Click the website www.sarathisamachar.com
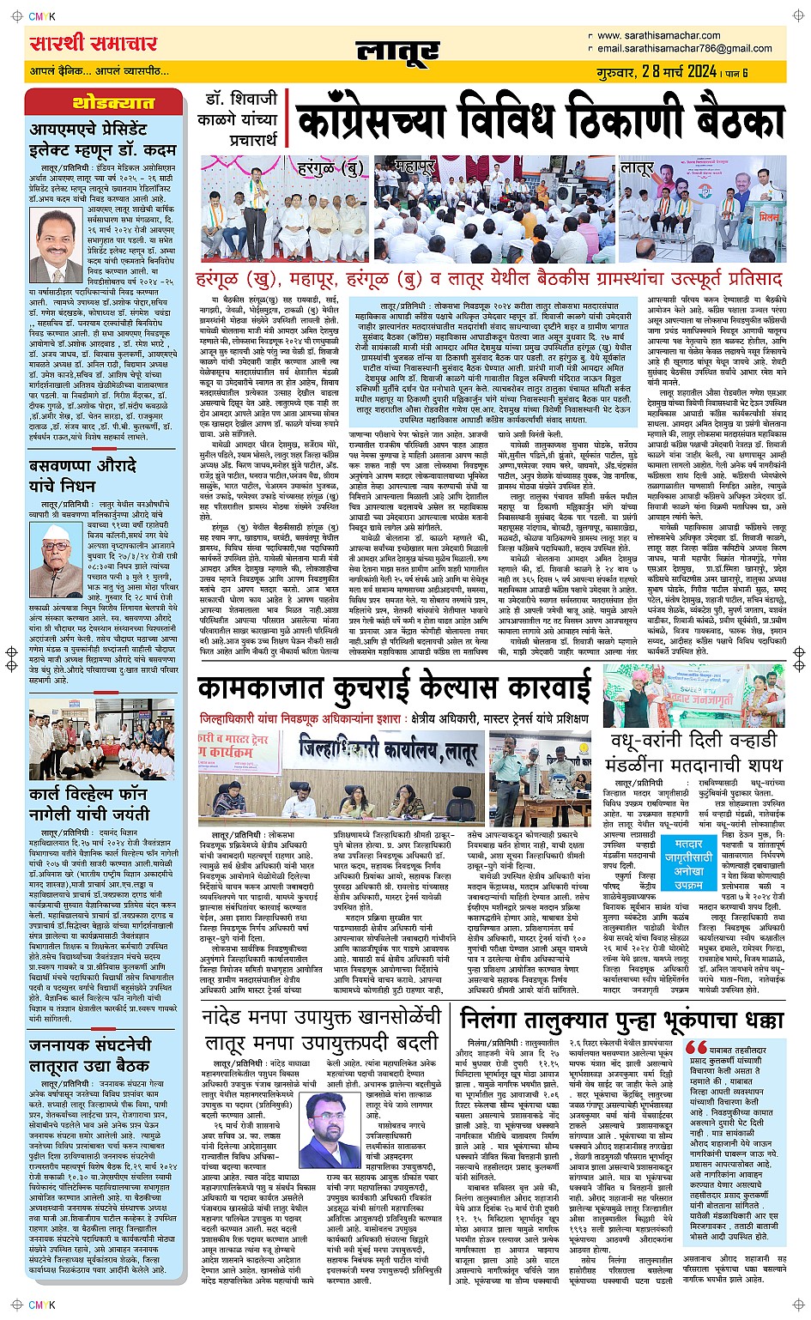pos(659,35)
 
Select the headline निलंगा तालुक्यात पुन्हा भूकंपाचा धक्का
pos(621,1020)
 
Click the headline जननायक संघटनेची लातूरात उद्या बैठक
pos(89,1055)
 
